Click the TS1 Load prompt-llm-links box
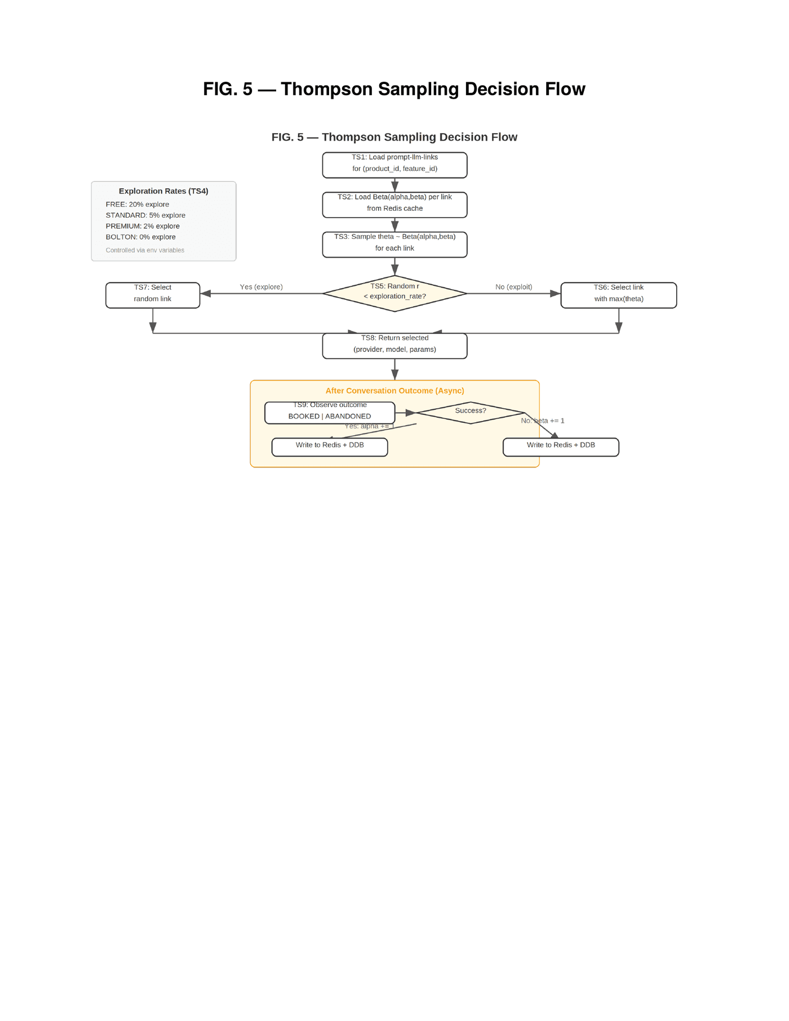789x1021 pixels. tap(394, 165)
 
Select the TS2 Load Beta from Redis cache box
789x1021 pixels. tap(394, 205)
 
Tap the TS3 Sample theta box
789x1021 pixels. tap(394, 245)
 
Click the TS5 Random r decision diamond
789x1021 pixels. tap(394, 293)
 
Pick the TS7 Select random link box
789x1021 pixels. tap(153, 295)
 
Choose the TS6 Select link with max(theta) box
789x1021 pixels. tap(618, 295)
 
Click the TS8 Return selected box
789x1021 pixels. tap(394, 346)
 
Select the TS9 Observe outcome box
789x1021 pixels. tap(330, 413)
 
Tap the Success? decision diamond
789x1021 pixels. tap(470, 413)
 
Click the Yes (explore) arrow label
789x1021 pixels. tap(261, 287)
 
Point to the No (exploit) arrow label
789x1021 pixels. tap(513, 287)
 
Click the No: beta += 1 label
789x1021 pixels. tap(542, 421)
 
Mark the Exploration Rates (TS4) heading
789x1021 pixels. tap(163, 191)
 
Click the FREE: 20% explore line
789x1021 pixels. tap(138, 204)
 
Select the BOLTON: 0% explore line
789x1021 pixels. tap(141, 237)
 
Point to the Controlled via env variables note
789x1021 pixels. tap(145, 250)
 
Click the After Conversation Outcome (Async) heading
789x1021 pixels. tap(394, 391)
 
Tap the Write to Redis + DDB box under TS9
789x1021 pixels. tap(330, 447)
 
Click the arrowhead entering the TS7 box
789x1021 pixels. tap(205, 293)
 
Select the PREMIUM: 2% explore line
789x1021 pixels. tap(143, 226)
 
